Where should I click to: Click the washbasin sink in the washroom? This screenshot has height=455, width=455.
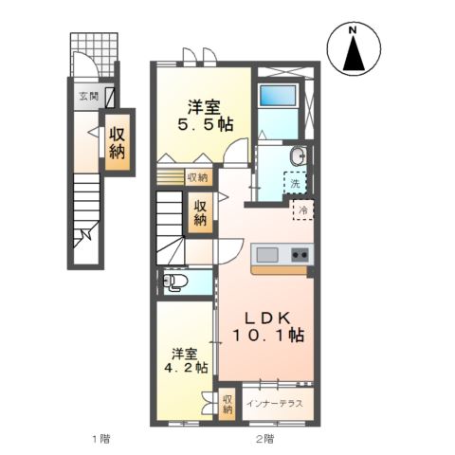coord(297,157)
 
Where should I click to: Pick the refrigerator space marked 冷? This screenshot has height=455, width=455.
coord(304,210)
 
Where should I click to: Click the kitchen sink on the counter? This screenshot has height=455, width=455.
coord(266,254)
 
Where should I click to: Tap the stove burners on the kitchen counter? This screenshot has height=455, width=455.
coord(299,254)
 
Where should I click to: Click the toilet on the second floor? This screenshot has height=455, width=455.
coord(175,282)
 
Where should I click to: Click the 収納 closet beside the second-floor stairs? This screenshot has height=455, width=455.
coord(201,211)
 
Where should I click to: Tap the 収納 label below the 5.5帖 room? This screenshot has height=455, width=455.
coord(197,176)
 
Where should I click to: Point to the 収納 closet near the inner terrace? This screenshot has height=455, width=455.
coord(227,405)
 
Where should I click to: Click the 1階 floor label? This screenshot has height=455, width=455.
coord(100,438)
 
